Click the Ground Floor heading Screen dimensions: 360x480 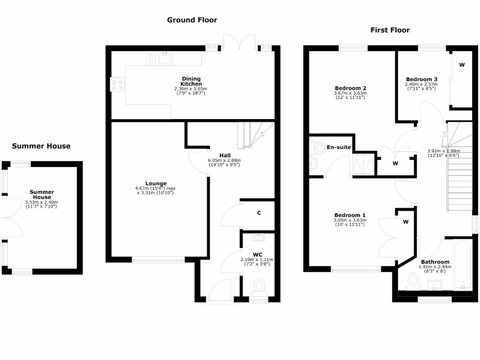tap(192, 20)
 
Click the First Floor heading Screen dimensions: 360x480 tap(390, 30)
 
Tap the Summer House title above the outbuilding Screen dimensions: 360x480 tap(41, 146)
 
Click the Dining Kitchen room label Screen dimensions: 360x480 tap(191, 81)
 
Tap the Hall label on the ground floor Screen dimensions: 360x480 tap(225, 155)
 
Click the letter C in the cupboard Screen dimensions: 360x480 tap(258, 213)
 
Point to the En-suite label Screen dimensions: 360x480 tap(339, 147)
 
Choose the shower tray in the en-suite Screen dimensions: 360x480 tap(364, 164)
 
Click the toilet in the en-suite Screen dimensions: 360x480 tap(320, 148)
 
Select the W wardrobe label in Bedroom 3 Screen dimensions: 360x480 tap(462, 65)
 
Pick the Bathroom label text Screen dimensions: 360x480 tap(435, 262)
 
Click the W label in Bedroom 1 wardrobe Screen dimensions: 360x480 tap(406, 222)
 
